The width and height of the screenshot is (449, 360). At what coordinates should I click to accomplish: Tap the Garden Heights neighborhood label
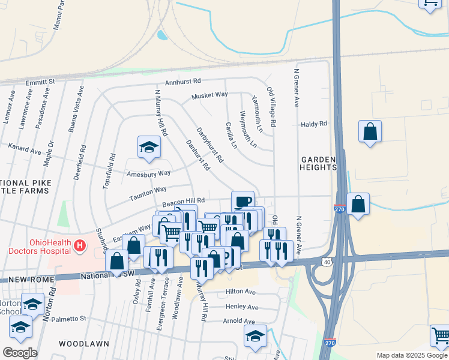coord(319,163)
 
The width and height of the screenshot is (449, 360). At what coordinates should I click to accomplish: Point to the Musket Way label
coord(209,95)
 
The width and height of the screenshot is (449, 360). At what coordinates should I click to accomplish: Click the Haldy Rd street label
coord(314,124)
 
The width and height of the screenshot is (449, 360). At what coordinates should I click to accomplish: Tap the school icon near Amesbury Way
coord(149,147)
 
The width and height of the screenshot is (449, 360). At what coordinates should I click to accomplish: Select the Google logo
coord(20,353)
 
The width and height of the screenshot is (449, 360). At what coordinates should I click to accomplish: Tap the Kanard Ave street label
coord(24,148)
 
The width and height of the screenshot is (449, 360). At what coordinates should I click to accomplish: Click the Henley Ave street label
coord(242,307)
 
